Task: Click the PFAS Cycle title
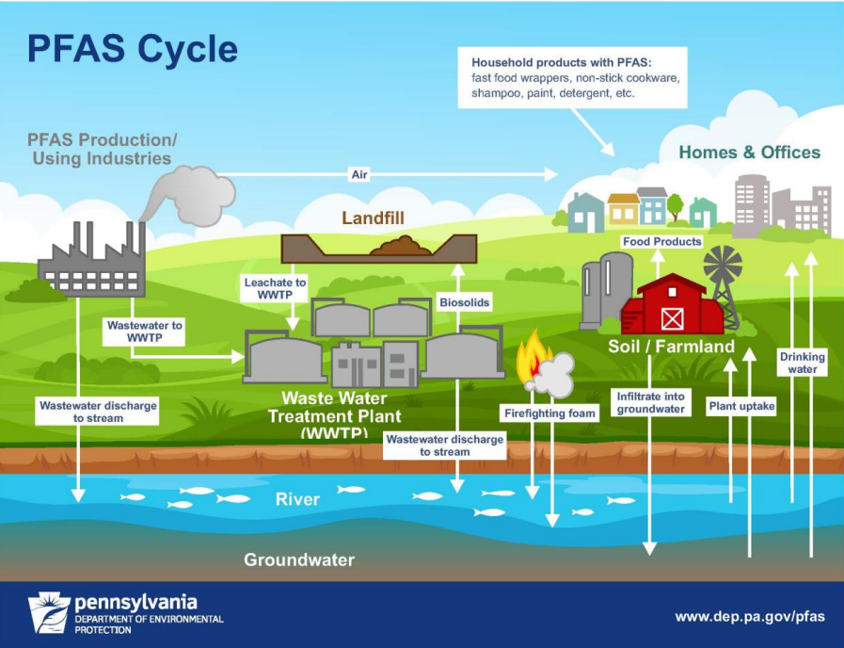pos(132,48)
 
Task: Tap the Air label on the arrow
pos(358,174)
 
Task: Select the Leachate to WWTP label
pos(275,288)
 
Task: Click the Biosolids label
pos(465,303)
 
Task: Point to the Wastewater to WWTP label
pos(144,331)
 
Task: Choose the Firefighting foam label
pos(549,413)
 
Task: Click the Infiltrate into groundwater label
pos(651,402)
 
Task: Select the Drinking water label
pos(802,363)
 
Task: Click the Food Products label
pos(661,242)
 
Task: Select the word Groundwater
pos(299,559)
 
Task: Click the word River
pos(297,499)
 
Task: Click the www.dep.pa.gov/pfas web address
pos(749,617)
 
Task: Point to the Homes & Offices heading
pos(749,153)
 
